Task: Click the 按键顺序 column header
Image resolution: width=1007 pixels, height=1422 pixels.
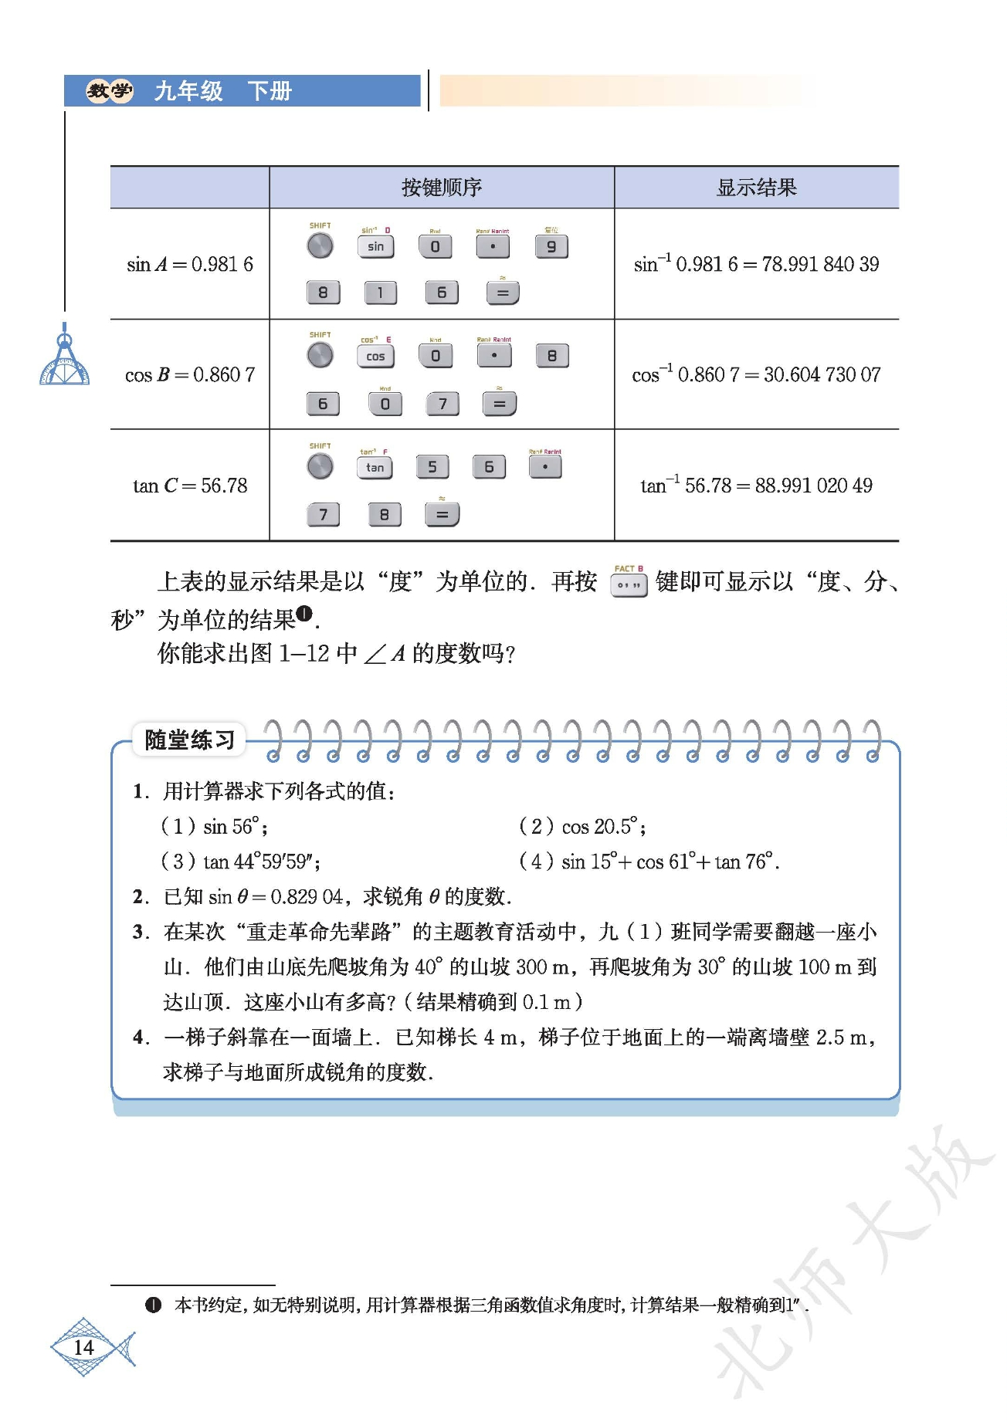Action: (441, 188)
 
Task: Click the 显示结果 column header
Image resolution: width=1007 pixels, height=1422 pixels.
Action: (756, 188)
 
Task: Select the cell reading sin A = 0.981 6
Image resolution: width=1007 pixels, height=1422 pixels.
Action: (190, 264)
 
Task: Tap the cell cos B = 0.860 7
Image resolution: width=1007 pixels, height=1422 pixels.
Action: (190, 375)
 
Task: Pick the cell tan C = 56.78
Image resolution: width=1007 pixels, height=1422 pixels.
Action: (190, 486)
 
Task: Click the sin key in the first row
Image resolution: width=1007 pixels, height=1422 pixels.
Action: (375, 247)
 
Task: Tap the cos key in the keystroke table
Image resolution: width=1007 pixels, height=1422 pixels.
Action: (375, 356)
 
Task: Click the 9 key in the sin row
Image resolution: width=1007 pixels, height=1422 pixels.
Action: (551, 247)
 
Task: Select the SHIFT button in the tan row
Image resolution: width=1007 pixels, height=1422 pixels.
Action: (320, 466)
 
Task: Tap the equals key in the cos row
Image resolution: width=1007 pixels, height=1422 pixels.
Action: (500, 404)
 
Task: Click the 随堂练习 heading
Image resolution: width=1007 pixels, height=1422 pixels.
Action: (189, 740)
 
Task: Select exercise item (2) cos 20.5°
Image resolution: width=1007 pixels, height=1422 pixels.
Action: (583, 827)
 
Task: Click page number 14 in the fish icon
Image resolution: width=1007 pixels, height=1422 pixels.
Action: (83, 1348)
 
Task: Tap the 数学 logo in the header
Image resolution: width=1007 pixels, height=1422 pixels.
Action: (109, 91)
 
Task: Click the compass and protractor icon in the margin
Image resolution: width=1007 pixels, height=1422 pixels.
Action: (65, 358)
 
